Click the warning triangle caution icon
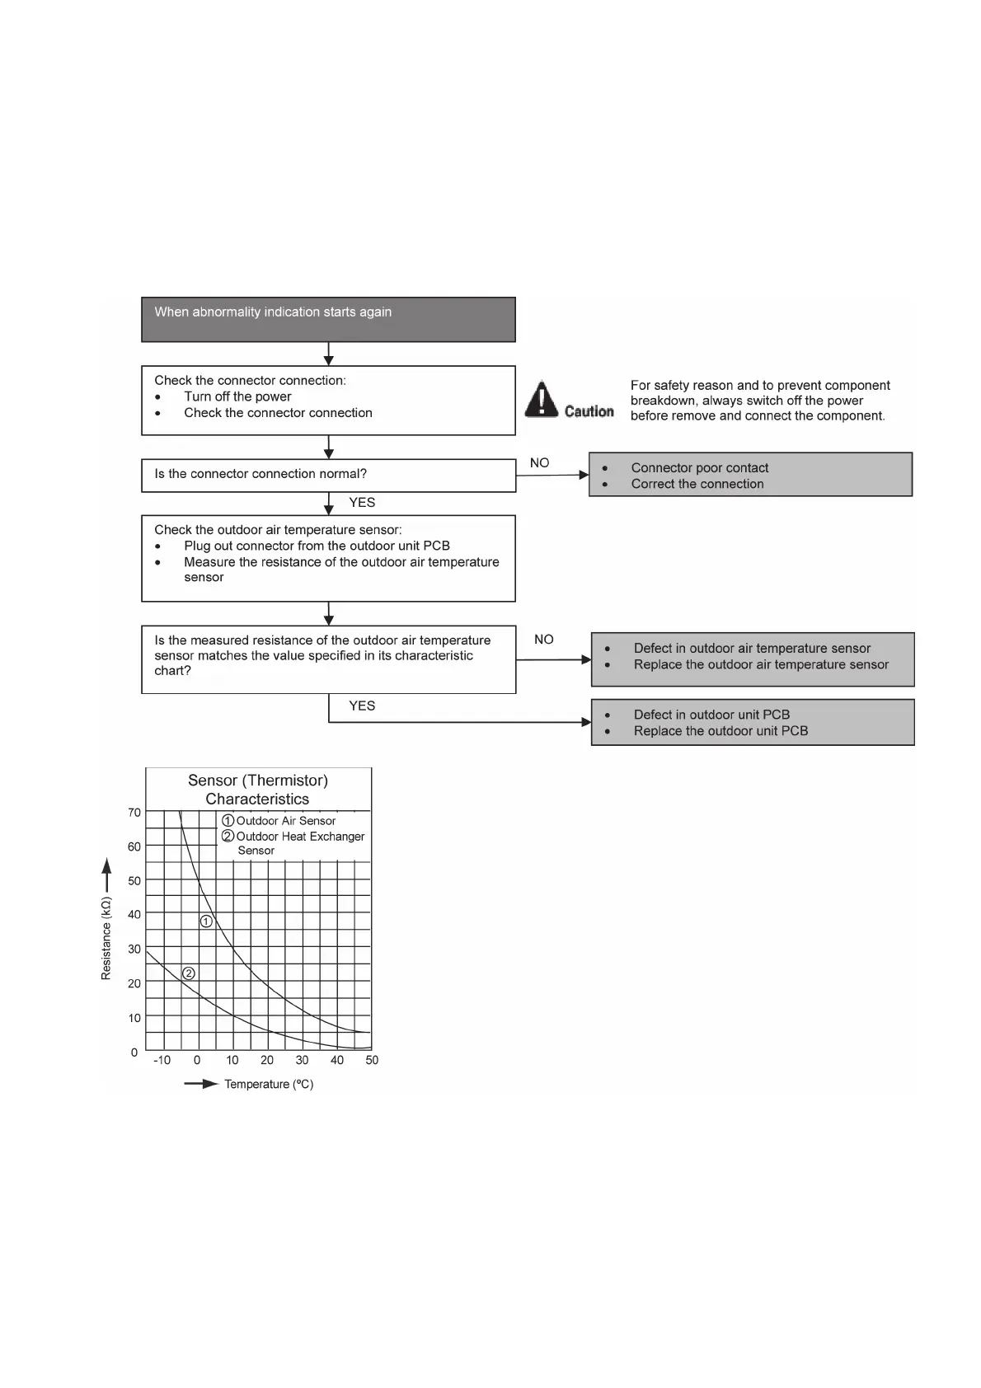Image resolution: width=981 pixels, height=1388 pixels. (x=541, y=399)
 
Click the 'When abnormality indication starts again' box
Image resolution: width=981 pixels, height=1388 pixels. (x=328, y=319)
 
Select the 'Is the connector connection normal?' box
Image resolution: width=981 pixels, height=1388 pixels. (x=328, y=475)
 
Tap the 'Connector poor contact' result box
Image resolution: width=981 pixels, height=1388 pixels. (x=750, y=475)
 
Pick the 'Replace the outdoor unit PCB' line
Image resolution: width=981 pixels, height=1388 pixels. (x=720, y=731)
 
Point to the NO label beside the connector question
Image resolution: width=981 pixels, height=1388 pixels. (x=539, y=463)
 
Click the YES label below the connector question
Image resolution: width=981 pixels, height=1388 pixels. (x=362, y=503)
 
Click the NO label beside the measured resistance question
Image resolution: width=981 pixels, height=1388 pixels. (x=543, y=640)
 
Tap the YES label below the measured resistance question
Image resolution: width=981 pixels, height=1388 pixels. (x=362, y=706)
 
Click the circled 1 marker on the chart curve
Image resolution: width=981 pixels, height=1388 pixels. (x=207, y=921)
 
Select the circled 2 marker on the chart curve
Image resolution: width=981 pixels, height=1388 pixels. (x=189, y=973)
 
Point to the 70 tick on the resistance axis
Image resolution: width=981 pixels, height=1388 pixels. (x=134, y=813)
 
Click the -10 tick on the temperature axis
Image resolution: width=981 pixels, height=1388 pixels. (x=162, y=1061)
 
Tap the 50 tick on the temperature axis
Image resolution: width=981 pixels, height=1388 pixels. (x=372, y=1061)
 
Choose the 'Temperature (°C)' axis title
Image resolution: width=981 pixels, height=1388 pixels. (x=269, y=1085)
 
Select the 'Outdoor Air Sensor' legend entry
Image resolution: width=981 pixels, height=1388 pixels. (x=285, y=821)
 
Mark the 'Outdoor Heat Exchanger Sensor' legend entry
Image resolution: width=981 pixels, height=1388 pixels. (x=299, y=843)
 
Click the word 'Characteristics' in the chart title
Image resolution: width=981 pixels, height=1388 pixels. (x=257, y=800)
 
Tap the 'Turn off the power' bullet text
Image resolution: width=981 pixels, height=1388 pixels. (x=237, y=396)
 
